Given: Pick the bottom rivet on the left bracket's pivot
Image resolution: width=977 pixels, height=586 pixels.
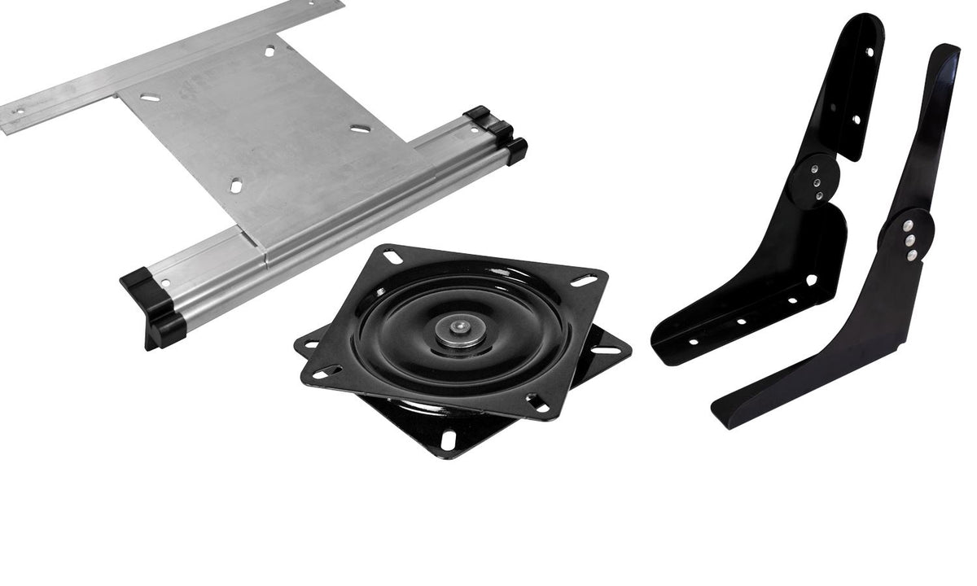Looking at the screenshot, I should (817, 195).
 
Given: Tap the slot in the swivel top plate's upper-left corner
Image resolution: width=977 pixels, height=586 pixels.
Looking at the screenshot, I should (392, 257).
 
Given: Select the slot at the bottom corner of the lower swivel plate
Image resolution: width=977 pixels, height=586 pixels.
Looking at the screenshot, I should (449, 439).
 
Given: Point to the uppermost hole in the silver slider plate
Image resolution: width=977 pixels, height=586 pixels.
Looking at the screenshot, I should (269, 51).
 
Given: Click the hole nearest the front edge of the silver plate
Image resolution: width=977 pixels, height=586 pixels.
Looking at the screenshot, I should (235, 186).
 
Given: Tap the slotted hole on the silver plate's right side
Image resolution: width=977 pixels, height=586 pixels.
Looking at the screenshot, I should (360, 129).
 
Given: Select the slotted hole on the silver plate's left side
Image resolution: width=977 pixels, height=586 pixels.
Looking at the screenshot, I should (150, 98).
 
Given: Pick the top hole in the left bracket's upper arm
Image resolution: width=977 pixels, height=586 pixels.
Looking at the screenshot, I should (870, 52).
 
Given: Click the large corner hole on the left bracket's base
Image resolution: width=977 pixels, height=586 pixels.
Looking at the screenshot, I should (811, 279).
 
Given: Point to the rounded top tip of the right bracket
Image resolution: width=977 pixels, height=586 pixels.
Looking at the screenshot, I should (949, 50).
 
